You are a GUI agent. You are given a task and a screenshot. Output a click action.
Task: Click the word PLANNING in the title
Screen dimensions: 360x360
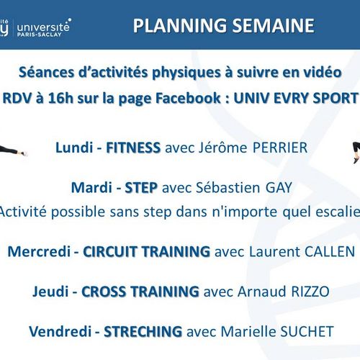point(180,25)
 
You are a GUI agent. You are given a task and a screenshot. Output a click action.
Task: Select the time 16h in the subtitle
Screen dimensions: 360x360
point(60,98)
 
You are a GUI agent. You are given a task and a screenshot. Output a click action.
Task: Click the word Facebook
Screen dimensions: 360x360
point(188,98)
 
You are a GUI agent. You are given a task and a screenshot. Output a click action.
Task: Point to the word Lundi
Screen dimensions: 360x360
point(74,148)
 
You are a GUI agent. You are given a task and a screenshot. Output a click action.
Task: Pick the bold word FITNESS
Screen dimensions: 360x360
point(133,148)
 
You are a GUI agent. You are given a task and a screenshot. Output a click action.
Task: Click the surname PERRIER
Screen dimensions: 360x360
point(280,148)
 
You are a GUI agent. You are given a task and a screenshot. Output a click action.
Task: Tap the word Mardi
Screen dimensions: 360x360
point(91,187)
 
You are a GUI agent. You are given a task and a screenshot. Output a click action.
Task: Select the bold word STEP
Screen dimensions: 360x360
point(141,187)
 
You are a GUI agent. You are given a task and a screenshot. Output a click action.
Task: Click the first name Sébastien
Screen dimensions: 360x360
point(228,187)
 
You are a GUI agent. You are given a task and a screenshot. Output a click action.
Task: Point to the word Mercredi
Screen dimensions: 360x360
point(39,251)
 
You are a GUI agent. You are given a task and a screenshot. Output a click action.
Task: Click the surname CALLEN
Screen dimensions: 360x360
point(330,251)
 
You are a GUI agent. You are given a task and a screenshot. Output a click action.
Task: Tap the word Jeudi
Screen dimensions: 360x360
point(50,292)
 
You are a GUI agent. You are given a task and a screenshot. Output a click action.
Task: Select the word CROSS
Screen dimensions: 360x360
point(104,292)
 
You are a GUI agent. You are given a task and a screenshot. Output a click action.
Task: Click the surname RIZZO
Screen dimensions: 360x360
point(310,292)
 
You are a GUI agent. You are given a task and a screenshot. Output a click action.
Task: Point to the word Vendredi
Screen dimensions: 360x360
point(60,331)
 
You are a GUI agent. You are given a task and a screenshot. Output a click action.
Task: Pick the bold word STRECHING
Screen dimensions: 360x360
point(143,331)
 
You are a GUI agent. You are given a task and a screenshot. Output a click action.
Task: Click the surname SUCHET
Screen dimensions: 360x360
point(307,331)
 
